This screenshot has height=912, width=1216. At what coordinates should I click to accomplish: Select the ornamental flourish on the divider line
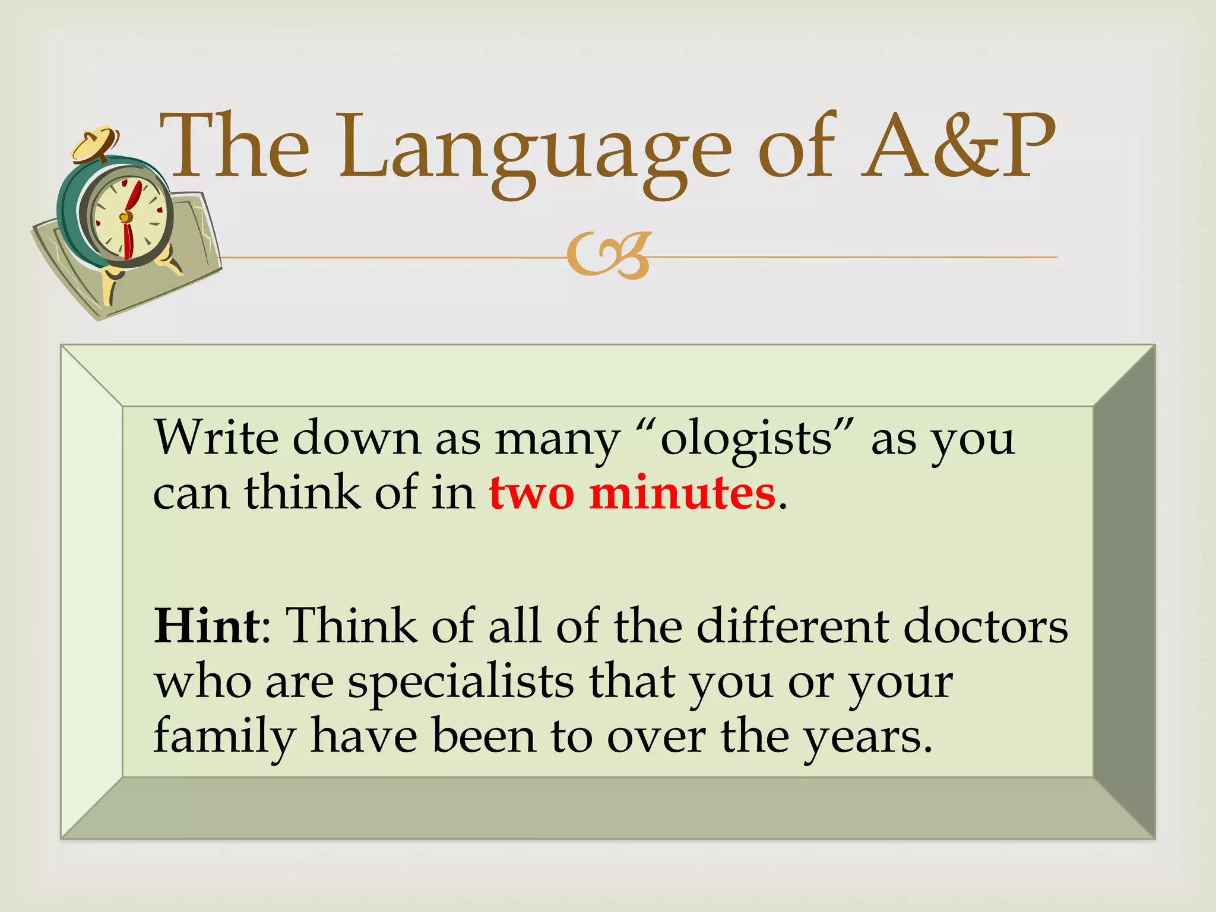click(x=609, y=256)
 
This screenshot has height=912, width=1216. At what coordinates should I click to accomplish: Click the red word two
click(x=531, y=493)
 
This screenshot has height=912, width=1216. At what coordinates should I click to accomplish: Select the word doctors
click(x=985, y=626)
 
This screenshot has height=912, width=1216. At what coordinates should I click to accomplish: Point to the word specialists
click(x=461, y=683)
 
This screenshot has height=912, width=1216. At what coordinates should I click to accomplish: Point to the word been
click(x=484, y=736)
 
